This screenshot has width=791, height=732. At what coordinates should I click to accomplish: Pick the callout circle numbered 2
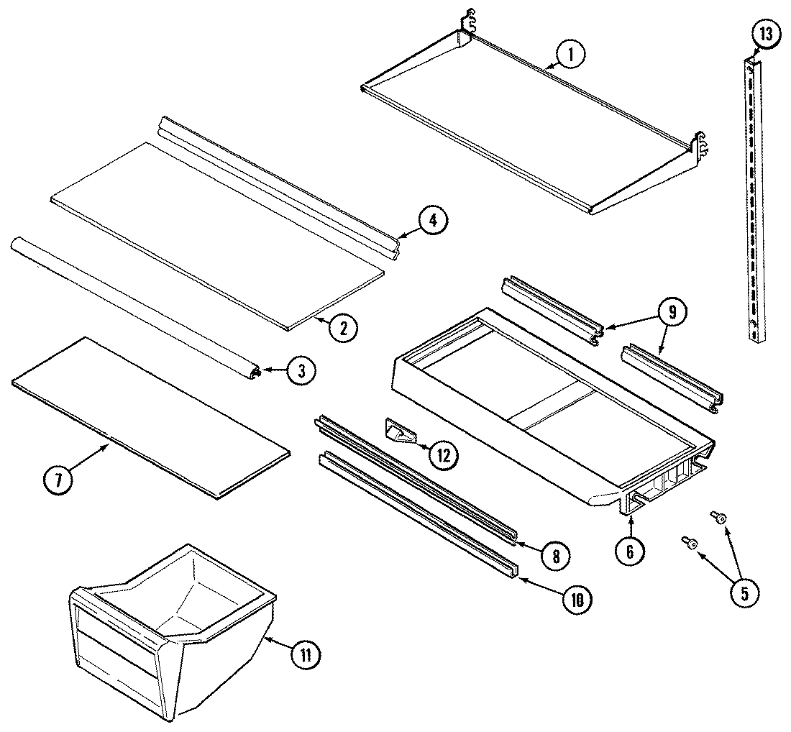click(x=344, y=328)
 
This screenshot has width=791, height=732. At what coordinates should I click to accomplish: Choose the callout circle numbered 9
click(x=672, y=313)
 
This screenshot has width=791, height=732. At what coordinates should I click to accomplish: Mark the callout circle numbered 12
click(x=444, y=454)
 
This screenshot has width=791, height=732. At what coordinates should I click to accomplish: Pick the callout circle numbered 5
click(x=744, y=593)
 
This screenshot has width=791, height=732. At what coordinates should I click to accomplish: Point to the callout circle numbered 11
click(x=306, y=654)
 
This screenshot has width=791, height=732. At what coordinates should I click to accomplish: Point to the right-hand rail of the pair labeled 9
click(x=672, y=378)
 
